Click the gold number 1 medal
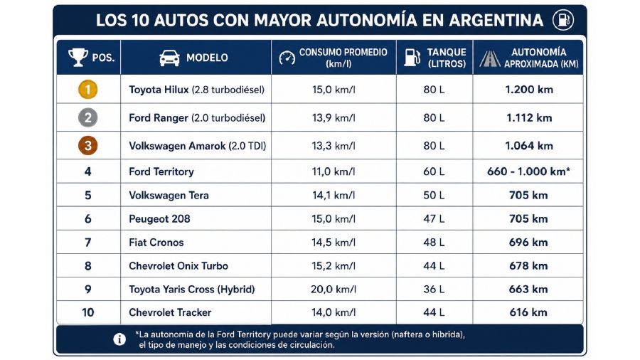87,90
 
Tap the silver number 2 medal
87,117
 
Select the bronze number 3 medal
87,146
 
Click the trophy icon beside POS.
78,57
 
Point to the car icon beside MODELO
169,58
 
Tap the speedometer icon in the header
287,58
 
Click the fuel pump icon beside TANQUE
412,57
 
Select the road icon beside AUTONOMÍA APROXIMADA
490,59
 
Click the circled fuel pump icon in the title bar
563,20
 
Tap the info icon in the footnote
119,339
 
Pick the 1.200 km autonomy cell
529,90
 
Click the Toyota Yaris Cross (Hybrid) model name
192,290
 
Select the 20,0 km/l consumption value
334,290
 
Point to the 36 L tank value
434,290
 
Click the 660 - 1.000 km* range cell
528,171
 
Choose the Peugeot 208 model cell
159,219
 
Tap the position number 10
87,312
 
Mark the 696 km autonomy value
528,243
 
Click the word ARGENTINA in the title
496,20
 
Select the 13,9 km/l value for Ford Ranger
334,117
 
